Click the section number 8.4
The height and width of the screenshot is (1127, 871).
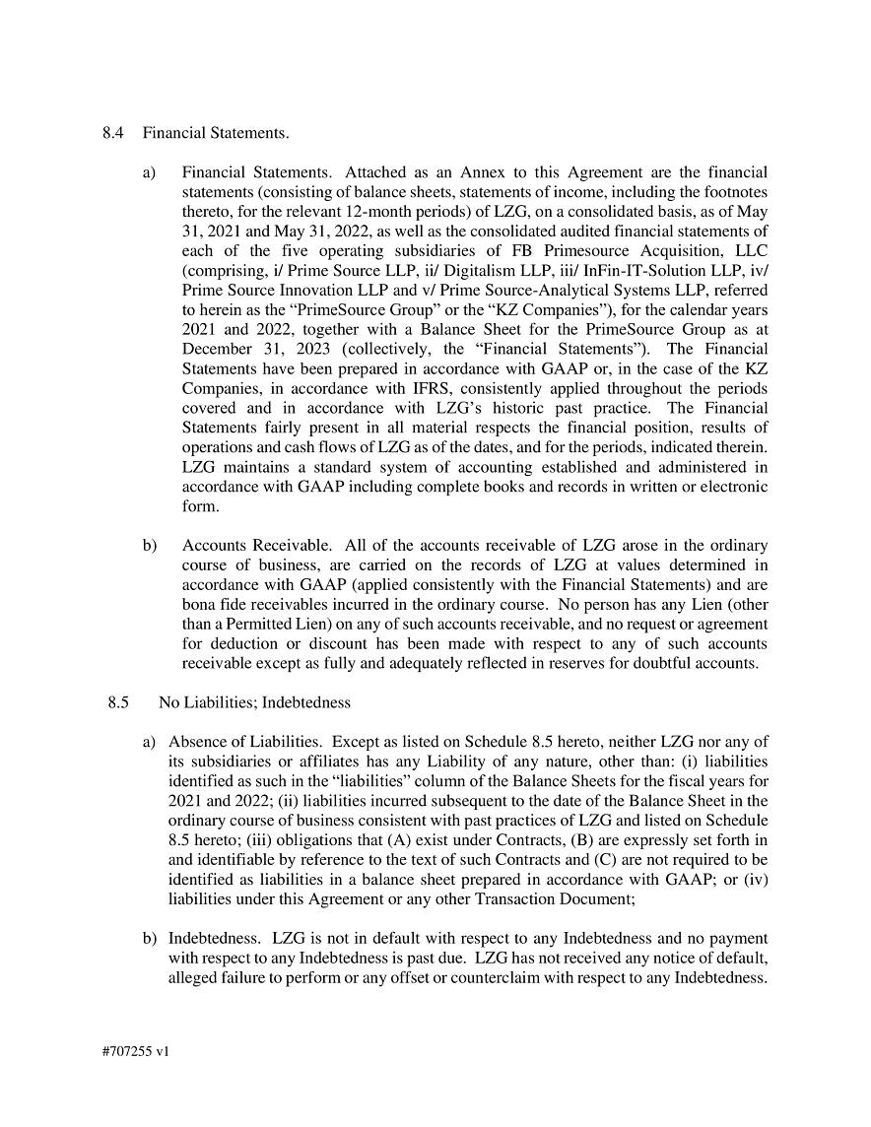point(112,132)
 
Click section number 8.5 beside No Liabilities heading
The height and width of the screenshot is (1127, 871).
point(119,702)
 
